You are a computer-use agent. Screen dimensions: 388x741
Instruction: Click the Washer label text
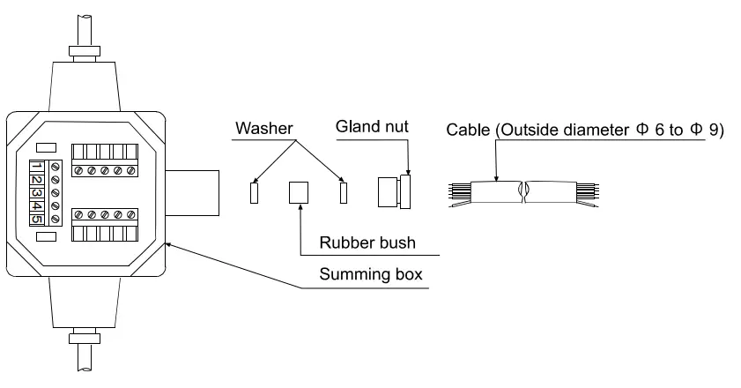tap(262, 129)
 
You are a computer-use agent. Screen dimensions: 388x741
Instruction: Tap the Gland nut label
tap(372, 129)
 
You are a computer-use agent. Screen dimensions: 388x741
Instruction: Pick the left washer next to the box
tap(254, 192)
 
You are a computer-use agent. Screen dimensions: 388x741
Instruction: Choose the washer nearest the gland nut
tap(344, 192)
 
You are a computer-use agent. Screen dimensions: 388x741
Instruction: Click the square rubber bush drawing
tap(300, 192)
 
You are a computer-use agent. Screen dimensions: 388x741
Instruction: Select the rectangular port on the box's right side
tap(192, 192)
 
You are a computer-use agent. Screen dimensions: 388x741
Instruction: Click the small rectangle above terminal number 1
tap(47, 148)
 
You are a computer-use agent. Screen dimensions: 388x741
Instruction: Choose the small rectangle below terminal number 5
tap(47, 237)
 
